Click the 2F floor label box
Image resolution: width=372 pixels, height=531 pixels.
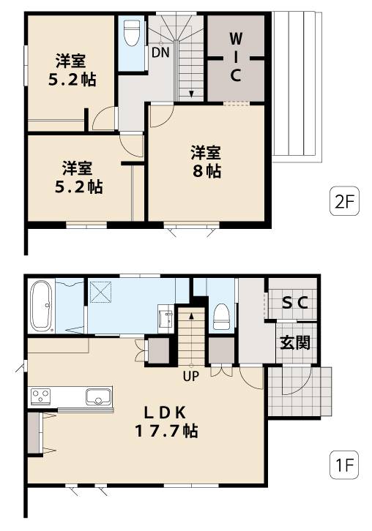click(x=344, y=201)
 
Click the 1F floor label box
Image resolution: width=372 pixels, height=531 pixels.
click(x=344, y=465)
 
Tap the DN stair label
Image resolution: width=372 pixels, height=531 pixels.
click(x=160, y=53)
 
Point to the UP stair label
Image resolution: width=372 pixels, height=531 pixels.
click(x=191, y=376)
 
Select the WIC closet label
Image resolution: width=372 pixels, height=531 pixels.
click(x=236, y=58)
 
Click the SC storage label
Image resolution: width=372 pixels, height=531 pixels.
click(x=295, y=302)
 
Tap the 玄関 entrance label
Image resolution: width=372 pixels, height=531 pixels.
click(x=295, y=343)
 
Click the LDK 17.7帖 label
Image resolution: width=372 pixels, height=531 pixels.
click(x=166, y=422)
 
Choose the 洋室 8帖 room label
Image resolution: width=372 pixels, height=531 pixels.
click(x=207, y=162)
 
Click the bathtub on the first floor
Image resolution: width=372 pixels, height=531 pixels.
click(x=41, y=306)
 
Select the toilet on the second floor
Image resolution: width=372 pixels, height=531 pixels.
click(x=133, y=33)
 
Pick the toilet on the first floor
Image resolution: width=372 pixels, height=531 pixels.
click(x=222, y=317)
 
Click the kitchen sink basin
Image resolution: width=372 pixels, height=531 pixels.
click(x=98, y=396)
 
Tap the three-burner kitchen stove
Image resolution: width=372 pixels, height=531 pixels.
click(x=41, y=396)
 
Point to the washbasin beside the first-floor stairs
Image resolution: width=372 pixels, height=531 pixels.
click(x=165, y=319)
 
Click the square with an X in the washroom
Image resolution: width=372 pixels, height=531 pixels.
click(x=101, y=291)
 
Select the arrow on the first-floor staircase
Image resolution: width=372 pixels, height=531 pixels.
click(x=191, y=339)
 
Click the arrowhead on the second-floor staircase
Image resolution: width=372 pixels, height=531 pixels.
click(x=191, y=94)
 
